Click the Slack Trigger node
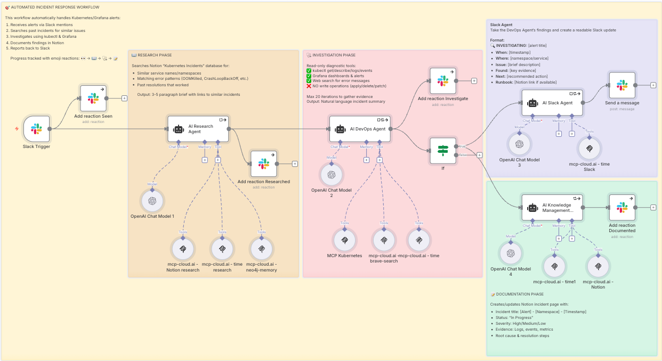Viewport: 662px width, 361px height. (x=37, y=129)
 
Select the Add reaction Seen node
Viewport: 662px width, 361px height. (x=93, y=98)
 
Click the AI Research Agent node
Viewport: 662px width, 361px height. (x=198, y=129)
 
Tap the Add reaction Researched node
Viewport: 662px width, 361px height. (x=264, y=164)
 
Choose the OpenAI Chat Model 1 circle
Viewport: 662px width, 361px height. (x=152, y=201)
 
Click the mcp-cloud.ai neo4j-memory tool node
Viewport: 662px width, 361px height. (x=261, y=249)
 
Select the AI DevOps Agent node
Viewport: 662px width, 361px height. (x=360, y=129)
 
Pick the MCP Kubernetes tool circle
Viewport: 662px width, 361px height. (x=345, y=240)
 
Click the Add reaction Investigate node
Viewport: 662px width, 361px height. (x=443, y=81)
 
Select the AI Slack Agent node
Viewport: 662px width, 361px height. (x=552, y=103)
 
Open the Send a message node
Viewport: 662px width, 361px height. (x=622, y=85)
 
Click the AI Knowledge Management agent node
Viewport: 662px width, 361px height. (x=552, y=208)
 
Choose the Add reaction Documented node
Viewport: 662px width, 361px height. (x=622, y=208)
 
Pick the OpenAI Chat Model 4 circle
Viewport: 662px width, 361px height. (x=511, y=253)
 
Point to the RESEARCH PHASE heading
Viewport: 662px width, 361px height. (x=154, y=55)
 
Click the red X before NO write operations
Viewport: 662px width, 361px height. (x=309, y=86)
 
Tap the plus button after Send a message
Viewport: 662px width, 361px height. (x=653, y=85)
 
